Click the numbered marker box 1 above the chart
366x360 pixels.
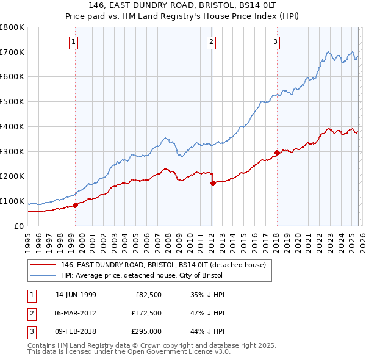[x=74, y=42]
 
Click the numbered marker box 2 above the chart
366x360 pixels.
[x=211, y=42]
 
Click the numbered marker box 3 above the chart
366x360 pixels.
[x=275, y=42]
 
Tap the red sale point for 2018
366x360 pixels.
[x=276, y=153]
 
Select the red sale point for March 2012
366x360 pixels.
[x=213, y=182]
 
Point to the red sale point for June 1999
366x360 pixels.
[x=76, y=205]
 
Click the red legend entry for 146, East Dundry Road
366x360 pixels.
[x=163, y=265]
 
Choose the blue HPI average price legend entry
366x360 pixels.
[x=146, y=276]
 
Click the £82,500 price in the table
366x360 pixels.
[x=148, y=295]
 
